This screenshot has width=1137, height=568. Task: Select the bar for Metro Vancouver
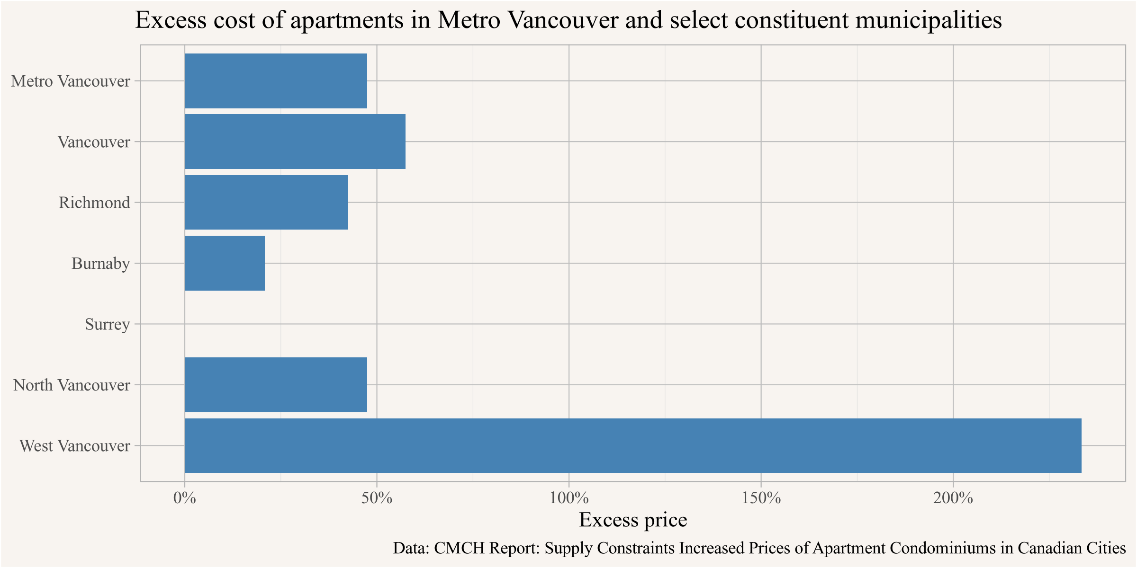click(276, 81)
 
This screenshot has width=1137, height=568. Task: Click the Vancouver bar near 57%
click(295, 142)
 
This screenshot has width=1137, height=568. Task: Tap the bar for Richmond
click(266, 203)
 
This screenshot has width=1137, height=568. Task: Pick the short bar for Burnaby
click(225, 263)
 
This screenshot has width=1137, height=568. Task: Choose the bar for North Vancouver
click(276, 385)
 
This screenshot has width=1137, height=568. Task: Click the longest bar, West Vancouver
click(633, 445)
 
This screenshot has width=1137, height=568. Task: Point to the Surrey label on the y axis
click(108, 325)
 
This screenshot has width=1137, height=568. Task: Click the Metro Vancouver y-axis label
click(71, 81)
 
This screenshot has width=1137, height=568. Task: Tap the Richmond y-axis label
click(94, 203)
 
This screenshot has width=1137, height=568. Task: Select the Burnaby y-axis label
click(101, 264)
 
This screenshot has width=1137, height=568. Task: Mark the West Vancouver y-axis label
click(75, 446)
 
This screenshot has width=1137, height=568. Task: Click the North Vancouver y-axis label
click(72, 385)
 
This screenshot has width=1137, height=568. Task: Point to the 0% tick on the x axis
click(185, 498)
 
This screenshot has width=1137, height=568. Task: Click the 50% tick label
click(377, 498)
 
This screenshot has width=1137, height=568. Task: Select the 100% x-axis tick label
click(568, 498)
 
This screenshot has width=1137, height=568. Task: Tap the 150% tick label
click(761, 498)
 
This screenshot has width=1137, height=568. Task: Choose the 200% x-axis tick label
click(953, 498)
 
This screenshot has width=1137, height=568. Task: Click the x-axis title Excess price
click(633, 520)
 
